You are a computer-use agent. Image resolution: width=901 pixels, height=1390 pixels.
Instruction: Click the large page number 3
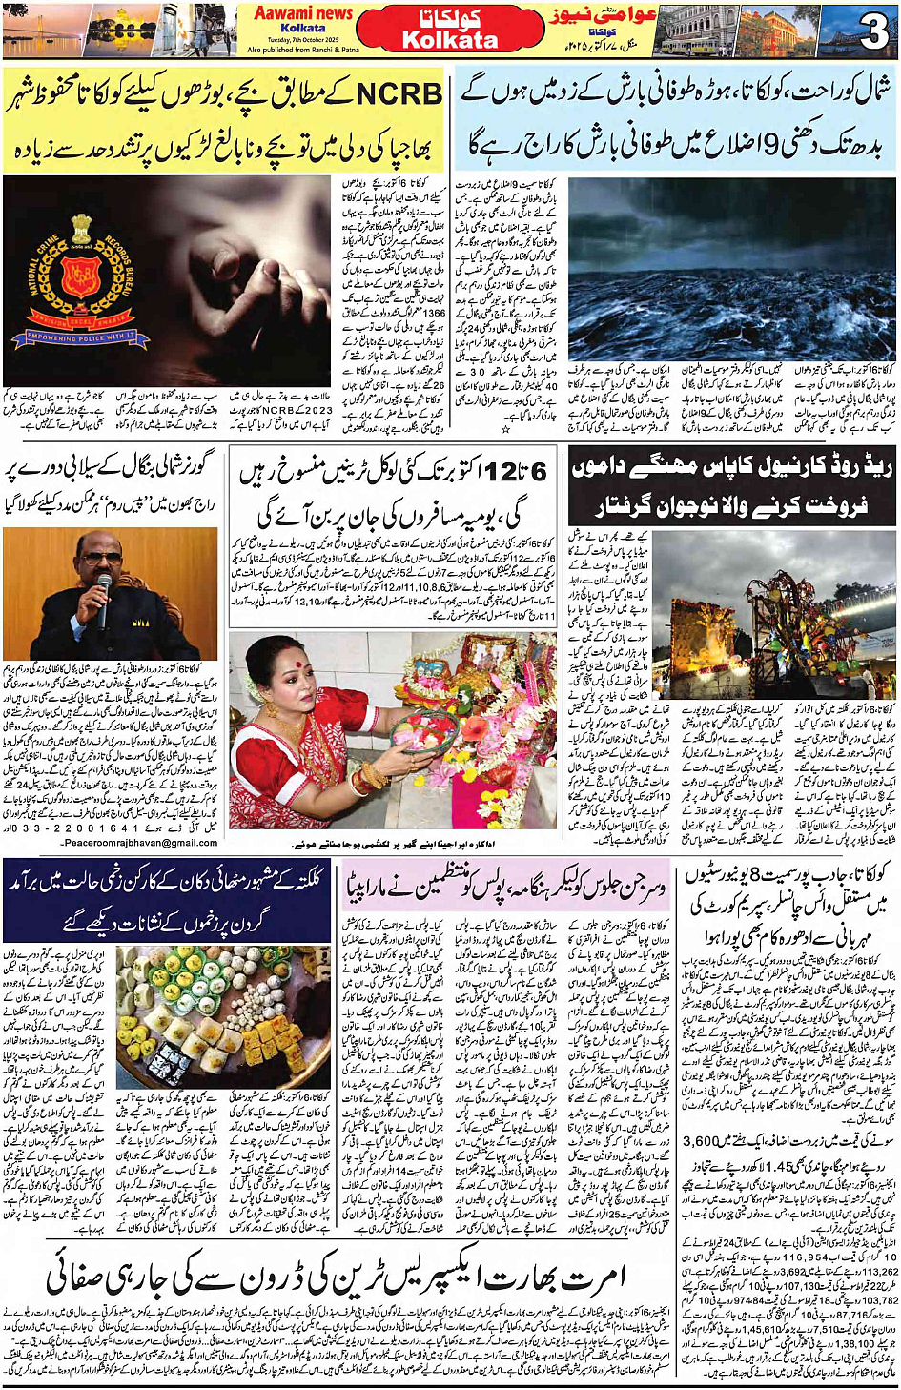click(872, 32)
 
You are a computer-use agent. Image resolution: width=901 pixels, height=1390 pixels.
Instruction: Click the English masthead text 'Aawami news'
click(303, 12)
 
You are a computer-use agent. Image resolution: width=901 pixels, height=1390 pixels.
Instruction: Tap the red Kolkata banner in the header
click(450, 31)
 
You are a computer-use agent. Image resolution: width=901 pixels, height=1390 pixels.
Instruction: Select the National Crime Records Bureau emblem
click(78, 276)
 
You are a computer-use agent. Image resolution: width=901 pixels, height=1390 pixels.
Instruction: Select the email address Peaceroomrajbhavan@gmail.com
click(139, 843)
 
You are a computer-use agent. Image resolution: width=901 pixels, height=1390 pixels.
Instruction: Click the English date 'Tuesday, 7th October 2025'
click(303, 39)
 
